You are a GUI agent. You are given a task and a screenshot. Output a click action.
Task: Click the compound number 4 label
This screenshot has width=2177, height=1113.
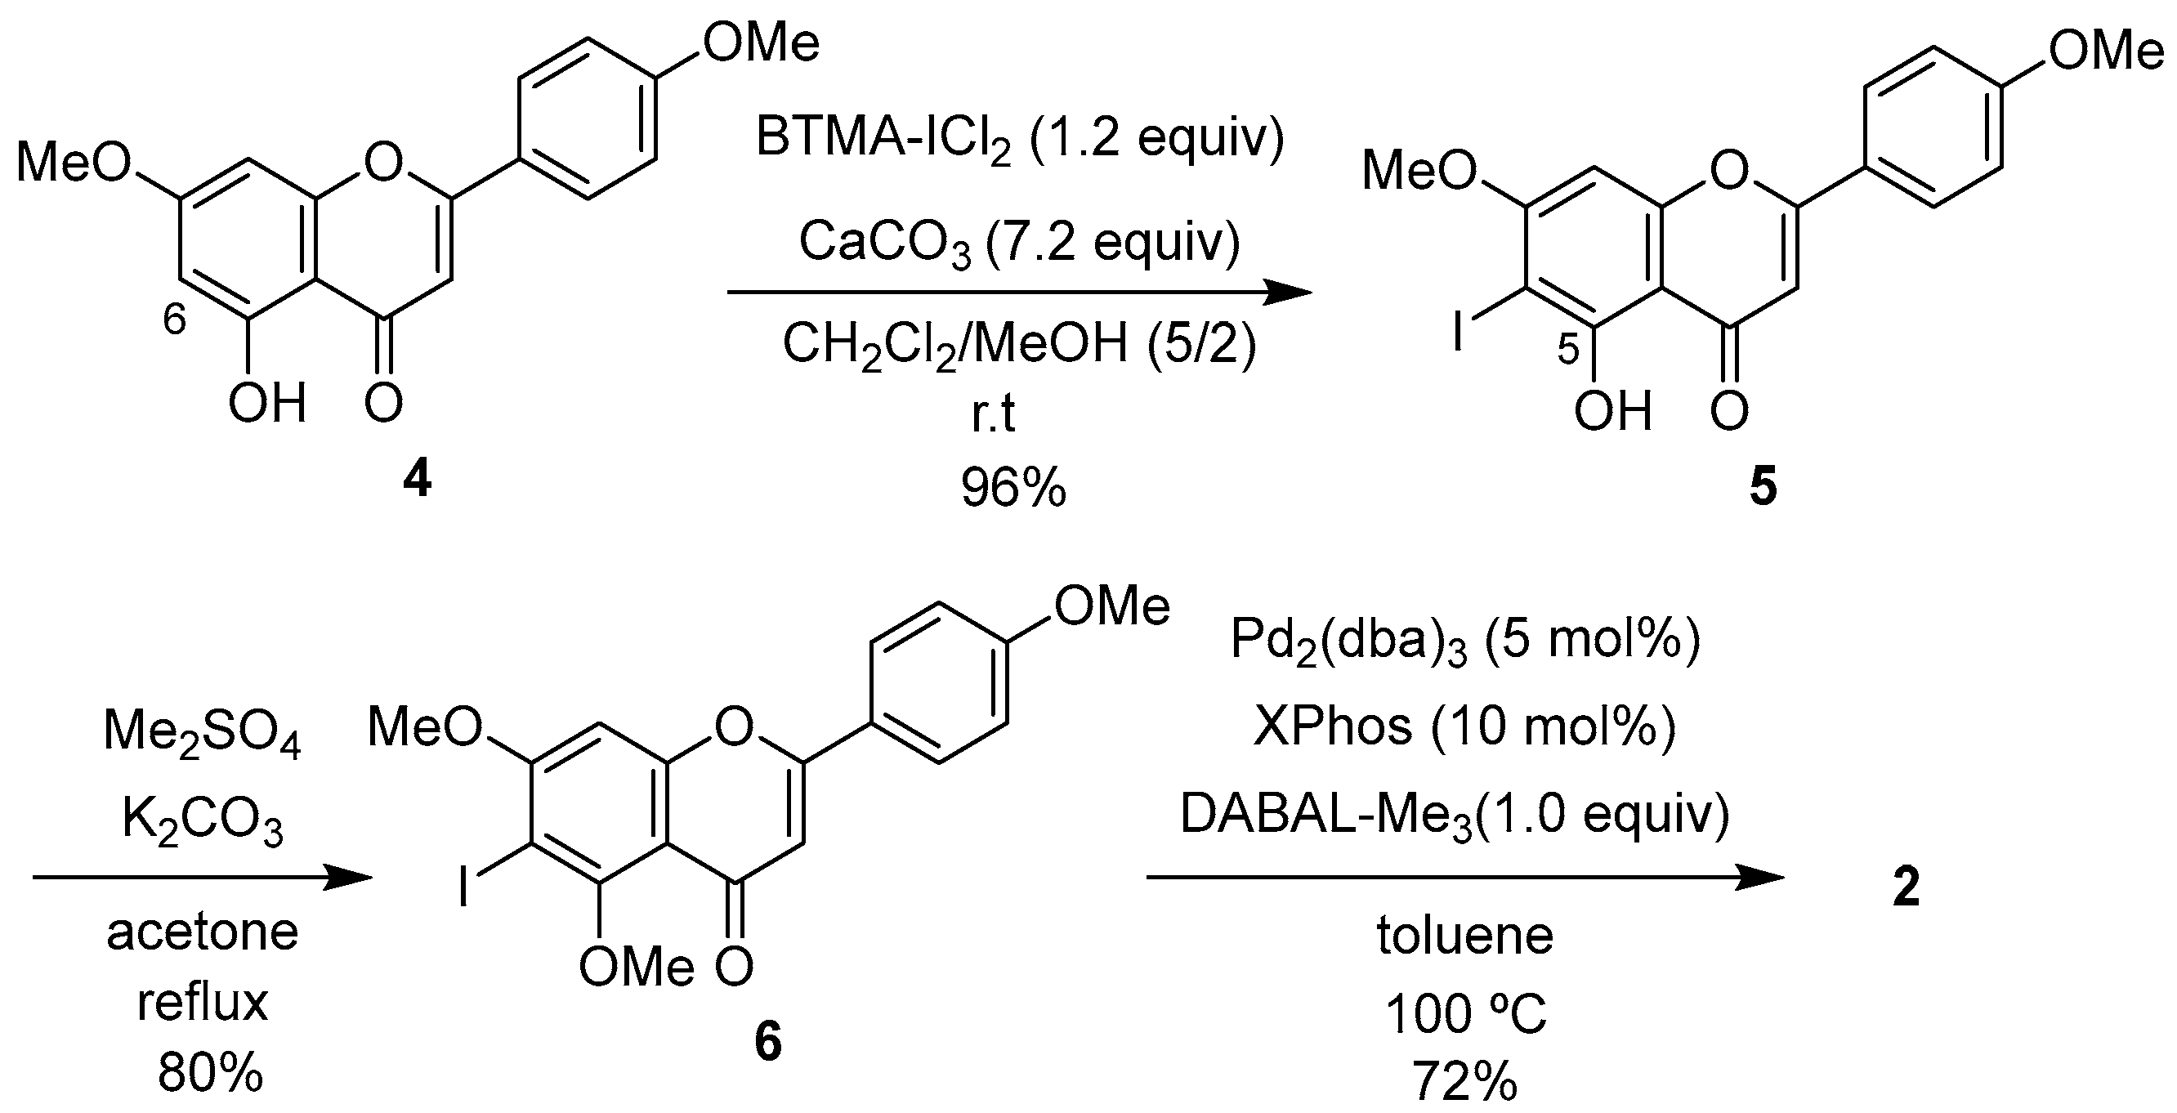point(418,481)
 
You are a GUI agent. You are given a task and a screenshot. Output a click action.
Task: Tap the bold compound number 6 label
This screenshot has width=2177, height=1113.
point(767,1042)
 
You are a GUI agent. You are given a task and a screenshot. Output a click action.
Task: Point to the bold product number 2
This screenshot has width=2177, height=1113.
point(1906,887)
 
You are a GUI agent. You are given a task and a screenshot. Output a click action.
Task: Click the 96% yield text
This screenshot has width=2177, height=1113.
point(1013,488)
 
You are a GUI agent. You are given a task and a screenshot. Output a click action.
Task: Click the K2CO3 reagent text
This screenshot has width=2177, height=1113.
point(202,820)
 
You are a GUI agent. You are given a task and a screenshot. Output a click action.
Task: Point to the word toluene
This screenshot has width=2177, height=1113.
point(1464,936)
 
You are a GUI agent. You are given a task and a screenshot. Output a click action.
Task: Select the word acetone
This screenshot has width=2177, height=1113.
point(202,932)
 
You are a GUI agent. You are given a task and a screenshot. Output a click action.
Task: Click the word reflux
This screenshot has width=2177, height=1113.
point(202,1003)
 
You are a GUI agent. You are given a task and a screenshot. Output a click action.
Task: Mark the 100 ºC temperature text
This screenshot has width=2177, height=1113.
point(1464,1013)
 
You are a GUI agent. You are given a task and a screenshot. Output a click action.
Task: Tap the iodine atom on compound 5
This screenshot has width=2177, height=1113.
point(1457,333)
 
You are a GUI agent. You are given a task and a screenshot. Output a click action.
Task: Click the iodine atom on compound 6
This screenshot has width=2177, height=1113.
point(464,888)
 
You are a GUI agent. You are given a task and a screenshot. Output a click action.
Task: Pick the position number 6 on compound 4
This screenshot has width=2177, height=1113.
point(174,321)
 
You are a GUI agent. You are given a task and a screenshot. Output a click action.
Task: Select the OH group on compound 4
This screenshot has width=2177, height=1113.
point(266,403)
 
